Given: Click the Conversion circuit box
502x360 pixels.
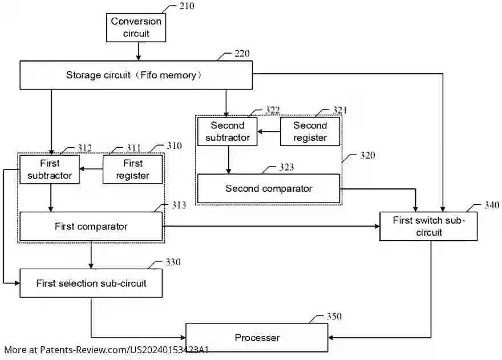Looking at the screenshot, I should tap(136, 27).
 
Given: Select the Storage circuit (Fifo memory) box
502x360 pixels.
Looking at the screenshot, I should tap(136, 75).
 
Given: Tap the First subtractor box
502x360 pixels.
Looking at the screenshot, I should tap(50, 169).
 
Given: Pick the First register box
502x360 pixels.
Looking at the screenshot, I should tap(132, 169).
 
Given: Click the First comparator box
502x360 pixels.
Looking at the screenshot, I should tap(91, 226).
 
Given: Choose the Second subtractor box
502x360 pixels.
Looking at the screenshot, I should tap(227, 131).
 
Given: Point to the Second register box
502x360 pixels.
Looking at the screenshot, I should tap(310, 131).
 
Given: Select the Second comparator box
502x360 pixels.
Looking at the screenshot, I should tap(268, 189).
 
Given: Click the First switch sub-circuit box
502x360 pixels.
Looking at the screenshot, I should tap(428, 226).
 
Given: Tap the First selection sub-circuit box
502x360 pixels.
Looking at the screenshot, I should tap(91, 283).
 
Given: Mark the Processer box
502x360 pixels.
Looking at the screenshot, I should tap(257, 338).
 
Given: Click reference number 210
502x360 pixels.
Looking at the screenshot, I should tap(186, 6).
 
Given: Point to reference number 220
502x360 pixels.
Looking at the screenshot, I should tap(242, 54).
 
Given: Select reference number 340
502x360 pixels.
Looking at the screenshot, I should tap(491, 205).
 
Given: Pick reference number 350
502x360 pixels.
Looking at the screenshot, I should tap(334, 317).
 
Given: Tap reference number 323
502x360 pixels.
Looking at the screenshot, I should tap(288, 167).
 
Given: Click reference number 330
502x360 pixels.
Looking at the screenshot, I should tap(172, 262).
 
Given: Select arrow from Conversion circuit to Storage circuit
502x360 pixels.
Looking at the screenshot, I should tap(137, 52).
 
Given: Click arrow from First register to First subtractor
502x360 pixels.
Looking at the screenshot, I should tap(91, 169).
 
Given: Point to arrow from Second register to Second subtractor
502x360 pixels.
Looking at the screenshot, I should tap(268, 131).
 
